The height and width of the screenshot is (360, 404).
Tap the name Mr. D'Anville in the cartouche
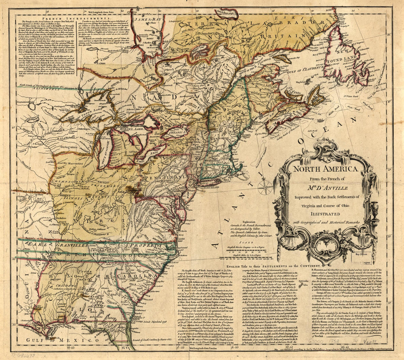[x=324, y=186]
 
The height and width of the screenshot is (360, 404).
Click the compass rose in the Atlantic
[x=264, y=187]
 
